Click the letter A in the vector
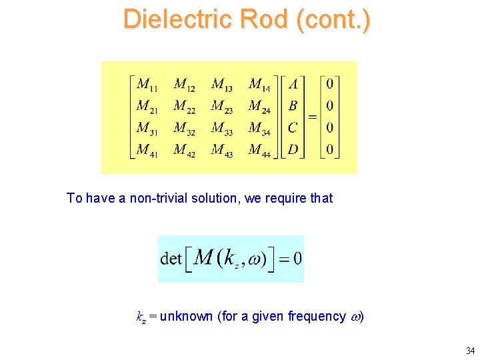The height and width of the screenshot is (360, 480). pos(293,85)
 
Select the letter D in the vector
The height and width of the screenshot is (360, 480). pos(293,149)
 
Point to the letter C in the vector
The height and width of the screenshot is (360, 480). pos(293,127)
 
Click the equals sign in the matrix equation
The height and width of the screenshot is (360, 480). pos(311,117)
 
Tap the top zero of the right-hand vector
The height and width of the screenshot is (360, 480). pos(329,85)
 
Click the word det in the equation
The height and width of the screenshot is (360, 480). pos(171,259)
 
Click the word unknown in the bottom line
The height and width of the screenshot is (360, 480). pos(187,316)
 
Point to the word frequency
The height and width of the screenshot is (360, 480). pos(316,316)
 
